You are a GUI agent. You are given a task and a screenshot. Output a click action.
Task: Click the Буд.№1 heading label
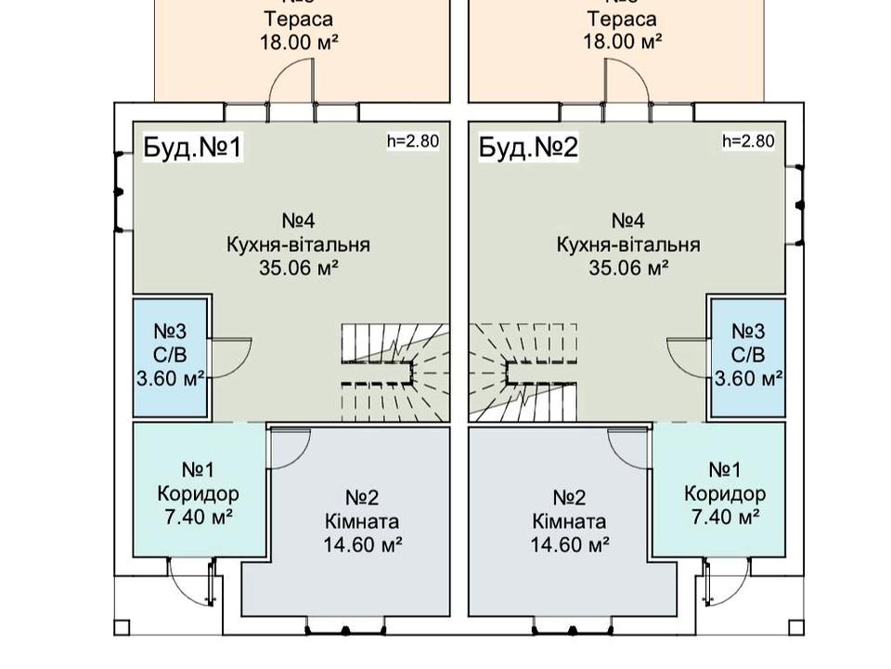[x=193, y=148]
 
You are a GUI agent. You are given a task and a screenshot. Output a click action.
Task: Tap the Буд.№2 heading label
[x=529, y=148]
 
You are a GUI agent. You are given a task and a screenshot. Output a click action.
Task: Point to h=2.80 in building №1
[x=413, y=141]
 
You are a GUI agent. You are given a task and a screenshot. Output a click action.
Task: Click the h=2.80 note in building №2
[x=748, y=141]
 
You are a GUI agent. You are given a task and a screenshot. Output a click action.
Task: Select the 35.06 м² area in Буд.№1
[x=298, y=269]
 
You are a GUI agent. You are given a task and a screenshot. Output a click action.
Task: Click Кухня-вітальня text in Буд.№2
[x=628, y=244]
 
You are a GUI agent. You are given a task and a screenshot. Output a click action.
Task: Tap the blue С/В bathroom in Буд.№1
[x=170, y=357]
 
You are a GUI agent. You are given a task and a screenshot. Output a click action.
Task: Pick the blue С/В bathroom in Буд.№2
[x=748, y=357]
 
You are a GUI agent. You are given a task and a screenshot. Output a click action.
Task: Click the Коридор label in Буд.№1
[x=198, y=493]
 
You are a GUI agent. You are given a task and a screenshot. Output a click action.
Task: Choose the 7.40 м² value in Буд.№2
[x=724, y=517]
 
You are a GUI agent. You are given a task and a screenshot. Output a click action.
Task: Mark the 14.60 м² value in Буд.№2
[x=570, y=544]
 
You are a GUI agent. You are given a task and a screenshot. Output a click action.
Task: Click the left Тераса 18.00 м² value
[x=298, y=42]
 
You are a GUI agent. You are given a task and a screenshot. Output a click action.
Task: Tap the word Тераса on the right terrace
[x=622, y=19]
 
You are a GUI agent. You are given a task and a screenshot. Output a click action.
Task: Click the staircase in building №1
[x=394, y=372]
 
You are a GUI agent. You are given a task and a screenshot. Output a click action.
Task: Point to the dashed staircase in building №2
[x=524, y=372]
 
